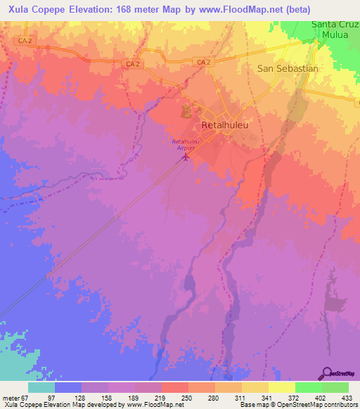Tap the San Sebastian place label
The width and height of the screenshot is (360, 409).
(x=288, y=69)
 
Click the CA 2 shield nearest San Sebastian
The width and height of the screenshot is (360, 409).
(x=204, y=63)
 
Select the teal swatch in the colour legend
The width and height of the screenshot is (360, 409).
(x=41, y=387)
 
